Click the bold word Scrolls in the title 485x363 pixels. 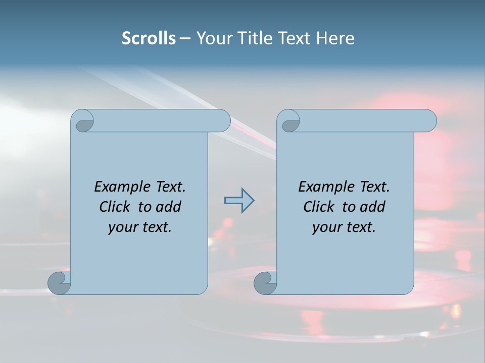(149, 38)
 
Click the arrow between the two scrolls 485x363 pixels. (239, 200)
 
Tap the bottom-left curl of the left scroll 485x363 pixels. (59, 283)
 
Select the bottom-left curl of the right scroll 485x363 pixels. (265, 283)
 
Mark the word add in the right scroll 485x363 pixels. (373, 207)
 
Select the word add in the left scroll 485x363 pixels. (169, 207)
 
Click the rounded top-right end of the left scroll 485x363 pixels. (223, 120)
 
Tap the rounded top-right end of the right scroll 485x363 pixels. (429, 120)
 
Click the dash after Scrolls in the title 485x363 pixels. (185, 38)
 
